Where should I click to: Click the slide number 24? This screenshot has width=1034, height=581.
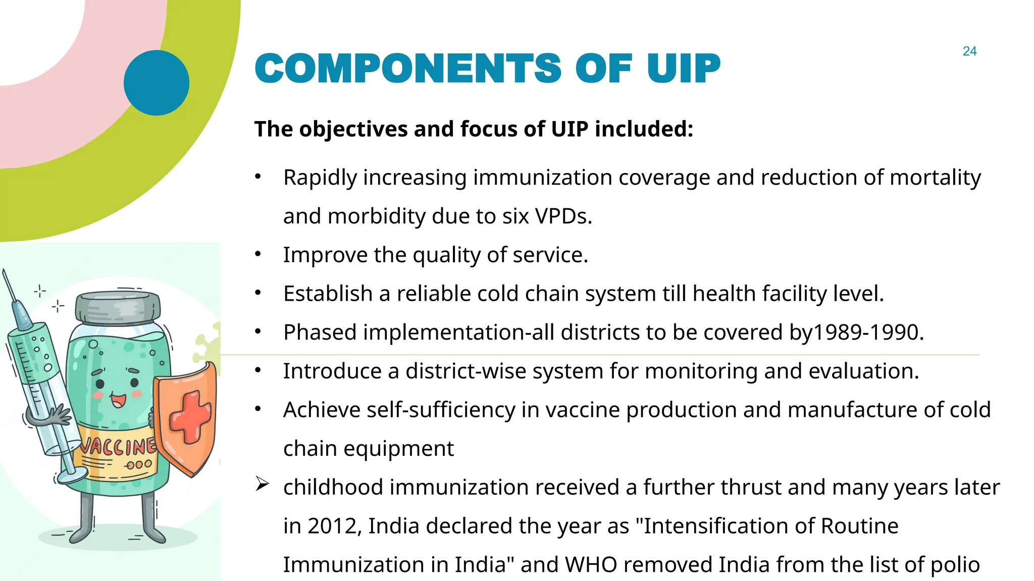pos(969,51)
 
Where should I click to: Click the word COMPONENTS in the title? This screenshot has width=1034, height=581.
pos(408,69)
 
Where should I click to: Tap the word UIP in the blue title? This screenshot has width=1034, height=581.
pos(684,69)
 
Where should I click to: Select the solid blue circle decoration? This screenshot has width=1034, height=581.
pos(157,83)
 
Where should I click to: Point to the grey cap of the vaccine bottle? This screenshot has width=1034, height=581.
pos(118,306)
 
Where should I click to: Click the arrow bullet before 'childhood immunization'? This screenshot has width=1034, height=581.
pos(262,485)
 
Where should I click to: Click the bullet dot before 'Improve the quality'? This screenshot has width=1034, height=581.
pos(258,254)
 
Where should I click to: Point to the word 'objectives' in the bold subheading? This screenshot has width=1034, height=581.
pos(353,129)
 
